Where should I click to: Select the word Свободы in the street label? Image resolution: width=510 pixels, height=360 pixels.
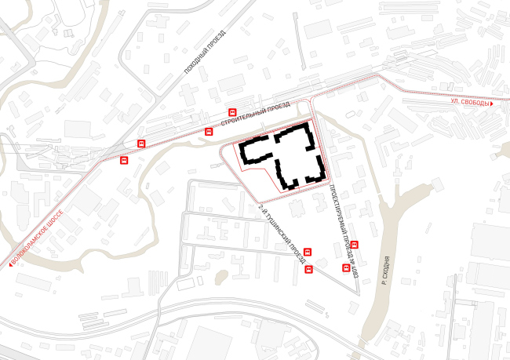pyautogui.click(x=475, y=103)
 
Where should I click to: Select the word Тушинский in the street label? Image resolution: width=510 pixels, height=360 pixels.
pyautogui.click(x=279, y=228)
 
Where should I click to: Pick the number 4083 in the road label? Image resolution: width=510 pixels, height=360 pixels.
pyautogui.click(x=355, y=271)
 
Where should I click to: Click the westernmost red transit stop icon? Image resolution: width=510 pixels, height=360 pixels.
pyautogui.click(x=124, y=160)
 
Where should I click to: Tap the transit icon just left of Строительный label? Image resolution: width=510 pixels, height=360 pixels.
pyautogui.click(x=208, y=131)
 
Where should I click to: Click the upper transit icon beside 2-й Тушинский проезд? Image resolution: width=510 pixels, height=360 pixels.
pyautogui.click(x=307, y=253)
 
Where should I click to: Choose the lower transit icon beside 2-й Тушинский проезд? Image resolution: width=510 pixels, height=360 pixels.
pyautogui.click(x=310, y=270)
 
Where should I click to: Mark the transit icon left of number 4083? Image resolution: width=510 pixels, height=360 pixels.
pyautogui.click(x=346, y=267)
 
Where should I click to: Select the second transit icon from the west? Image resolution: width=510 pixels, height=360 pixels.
pyautogui.click(x=141, y=143)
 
